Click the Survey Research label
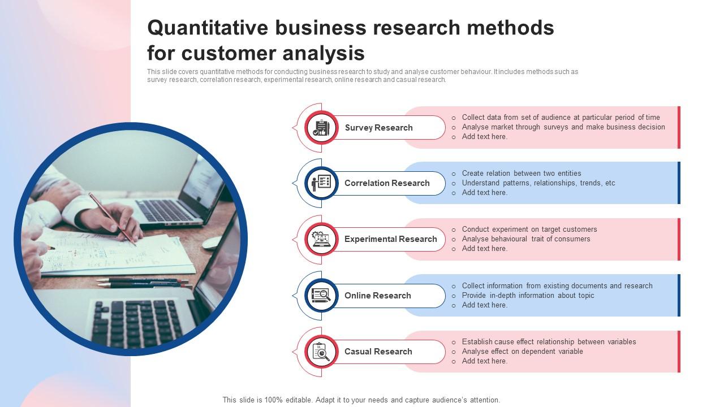[x=378, y=128]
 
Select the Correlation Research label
[x=387, y=183]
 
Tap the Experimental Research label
[x=390, y=239]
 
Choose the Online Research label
[x=377, y=296]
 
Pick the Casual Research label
[x=378, y=352]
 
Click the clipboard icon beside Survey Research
[x=321, y=128]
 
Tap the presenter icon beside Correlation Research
[x=321, y=183]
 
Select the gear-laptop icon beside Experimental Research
[x=321, y=239]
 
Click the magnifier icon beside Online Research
[x=321, y=295]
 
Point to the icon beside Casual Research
[x=321, y=352]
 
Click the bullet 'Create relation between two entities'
[x=521, y=174]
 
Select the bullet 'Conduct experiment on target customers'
[x=529, y=230]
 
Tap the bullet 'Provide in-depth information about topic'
[x=528, y=296]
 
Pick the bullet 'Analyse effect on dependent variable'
[x=522, y=352]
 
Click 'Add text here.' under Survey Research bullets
[x=484, y=137]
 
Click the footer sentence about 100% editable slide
[x=361, y=400]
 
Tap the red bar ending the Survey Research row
[x=679, y=127]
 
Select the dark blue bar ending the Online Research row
[x=679, y=295]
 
